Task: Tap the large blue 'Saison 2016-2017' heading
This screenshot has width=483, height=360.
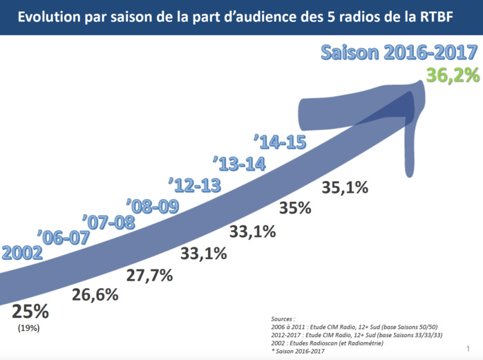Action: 399,54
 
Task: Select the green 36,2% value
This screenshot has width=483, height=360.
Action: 452,75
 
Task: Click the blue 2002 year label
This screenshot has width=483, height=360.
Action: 21,252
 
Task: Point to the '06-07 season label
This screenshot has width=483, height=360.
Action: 64,237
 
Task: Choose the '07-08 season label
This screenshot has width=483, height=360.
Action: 109,222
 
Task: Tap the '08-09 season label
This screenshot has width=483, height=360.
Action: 153,206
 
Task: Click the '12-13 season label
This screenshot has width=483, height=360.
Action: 195,185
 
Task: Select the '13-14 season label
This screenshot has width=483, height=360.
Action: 239,164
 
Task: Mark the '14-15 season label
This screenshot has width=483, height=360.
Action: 281,142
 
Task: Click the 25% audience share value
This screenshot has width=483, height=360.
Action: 30,311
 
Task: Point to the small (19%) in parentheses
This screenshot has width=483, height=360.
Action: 28,328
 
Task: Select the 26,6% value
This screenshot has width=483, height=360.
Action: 95,294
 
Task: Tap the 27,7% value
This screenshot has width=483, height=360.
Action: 149,276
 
